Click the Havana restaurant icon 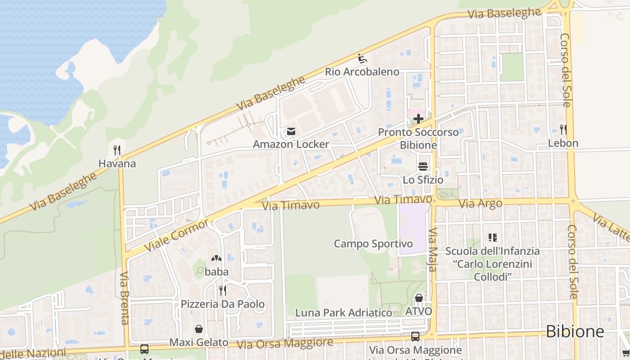[x=117, y=150]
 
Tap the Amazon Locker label [x=291, y=144]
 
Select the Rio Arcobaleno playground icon [x=362, y=58]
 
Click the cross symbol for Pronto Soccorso [x=418, y=119]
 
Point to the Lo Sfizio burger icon [x=423, y=166]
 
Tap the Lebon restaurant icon [x=563, y=130]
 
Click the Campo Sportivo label [x=373, y=244]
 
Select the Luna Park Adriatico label [x=343, y=313]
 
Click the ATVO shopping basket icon [x=418, y=298]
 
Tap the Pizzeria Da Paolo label [x=223, y=304]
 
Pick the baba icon [x=216, y=259]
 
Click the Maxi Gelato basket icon [x=198, y=329]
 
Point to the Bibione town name [x=575, y=332]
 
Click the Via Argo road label [x=480, y=204]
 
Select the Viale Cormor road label [x=176, y=235]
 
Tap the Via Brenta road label [x=125, y=298]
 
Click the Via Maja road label [x=432, y=250]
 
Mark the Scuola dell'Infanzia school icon [x=492, y=237]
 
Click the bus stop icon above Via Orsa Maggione [x=415, y=336]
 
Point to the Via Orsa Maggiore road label [x=285, y=343]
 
